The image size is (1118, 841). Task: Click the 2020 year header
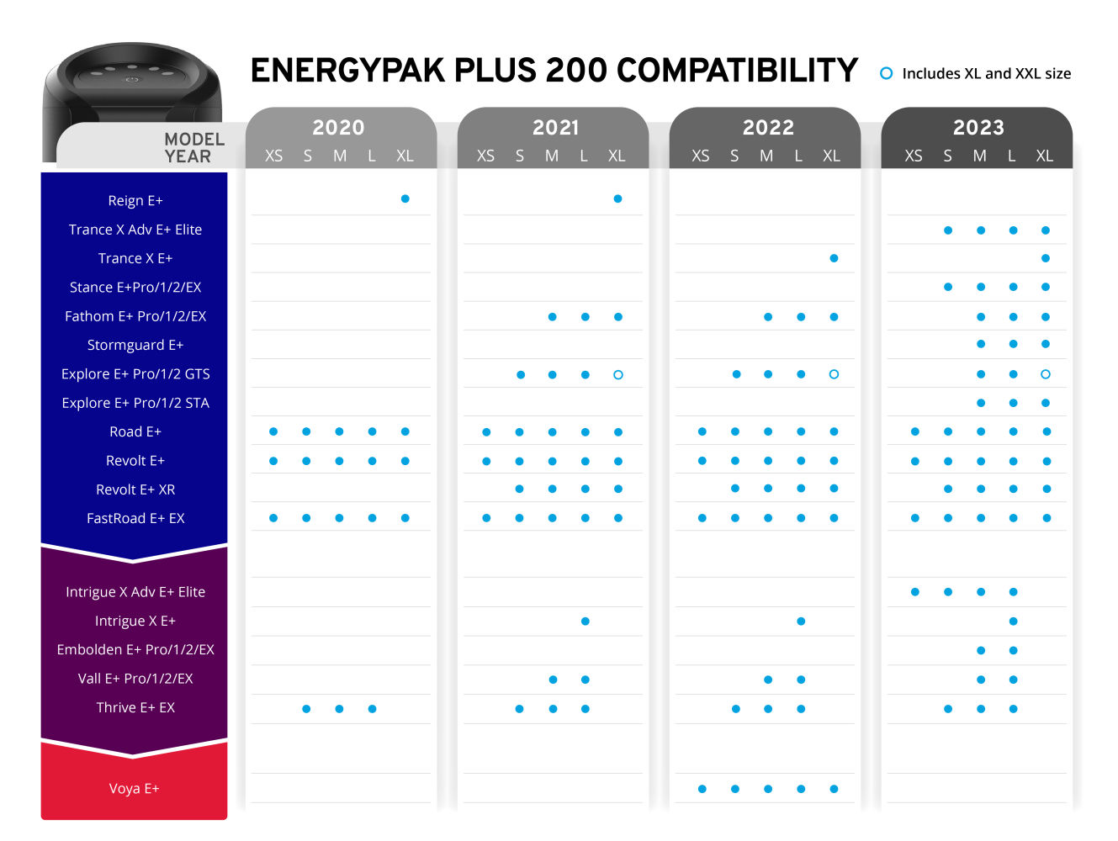pyautogui.click(x=338, y=127)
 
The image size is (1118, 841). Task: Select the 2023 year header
pyautogui.click(x=978, y=127)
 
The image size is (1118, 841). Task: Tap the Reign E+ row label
pyautogui.click(x=135, y=201)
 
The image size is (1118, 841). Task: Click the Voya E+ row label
pyautogui.click(x=134, y=789)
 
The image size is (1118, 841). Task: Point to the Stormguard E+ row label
pyautogui.click(x=135, y=346)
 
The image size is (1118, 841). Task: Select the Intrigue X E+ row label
pyautogui.click(x=135, y=621)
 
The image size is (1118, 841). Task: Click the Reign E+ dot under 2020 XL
pyautogui.click(x=405, y=199)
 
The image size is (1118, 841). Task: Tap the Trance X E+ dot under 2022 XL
pyautogui.click(x=834, y=258)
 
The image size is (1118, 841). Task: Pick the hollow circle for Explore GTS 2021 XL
pyautogui.click(x=618, y=375)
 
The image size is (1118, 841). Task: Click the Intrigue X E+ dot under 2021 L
pyautogui.click(x=585, y=621)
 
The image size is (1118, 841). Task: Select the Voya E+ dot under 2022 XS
pyautogui.click(x=702, y=789)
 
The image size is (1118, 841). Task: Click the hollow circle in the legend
pyautogui.click(x=886, y=73)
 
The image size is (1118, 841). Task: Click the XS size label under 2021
pyautogui.click(x=485, y=156)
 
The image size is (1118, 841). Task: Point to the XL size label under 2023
pyautogui.click(x=1044, y=156)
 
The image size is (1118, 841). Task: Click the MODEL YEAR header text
pyautogui.click(x=193, y=148)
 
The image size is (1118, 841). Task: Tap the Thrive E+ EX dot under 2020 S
pyautogui.click(x=306, y=709)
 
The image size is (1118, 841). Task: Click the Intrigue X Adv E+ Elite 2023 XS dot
pyautogui.click(x=915, y=592)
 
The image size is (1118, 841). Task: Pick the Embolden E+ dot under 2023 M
pyautogui.click(x=981, y=650)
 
